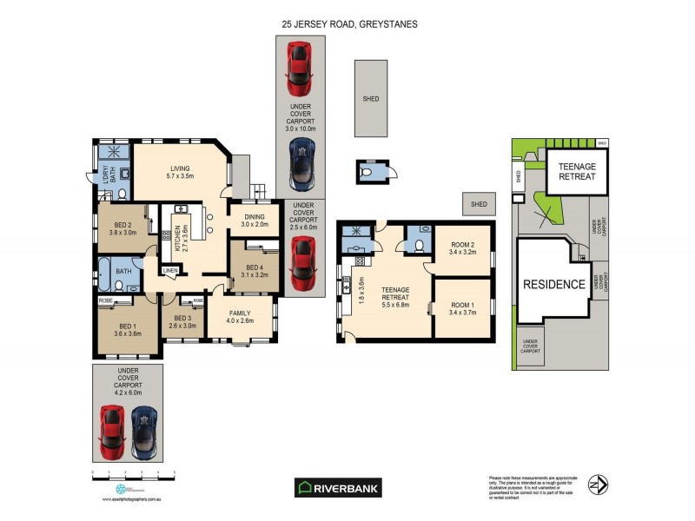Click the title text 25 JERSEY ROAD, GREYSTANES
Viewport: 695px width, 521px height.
347,24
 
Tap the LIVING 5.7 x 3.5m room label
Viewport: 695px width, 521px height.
180,171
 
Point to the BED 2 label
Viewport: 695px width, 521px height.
125,228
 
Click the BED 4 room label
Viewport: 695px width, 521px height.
254,270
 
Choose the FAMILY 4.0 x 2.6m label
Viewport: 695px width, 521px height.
242,316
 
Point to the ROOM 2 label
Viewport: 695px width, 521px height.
463,250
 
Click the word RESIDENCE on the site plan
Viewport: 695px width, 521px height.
553,284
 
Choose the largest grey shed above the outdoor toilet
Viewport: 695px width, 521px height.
371,98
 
